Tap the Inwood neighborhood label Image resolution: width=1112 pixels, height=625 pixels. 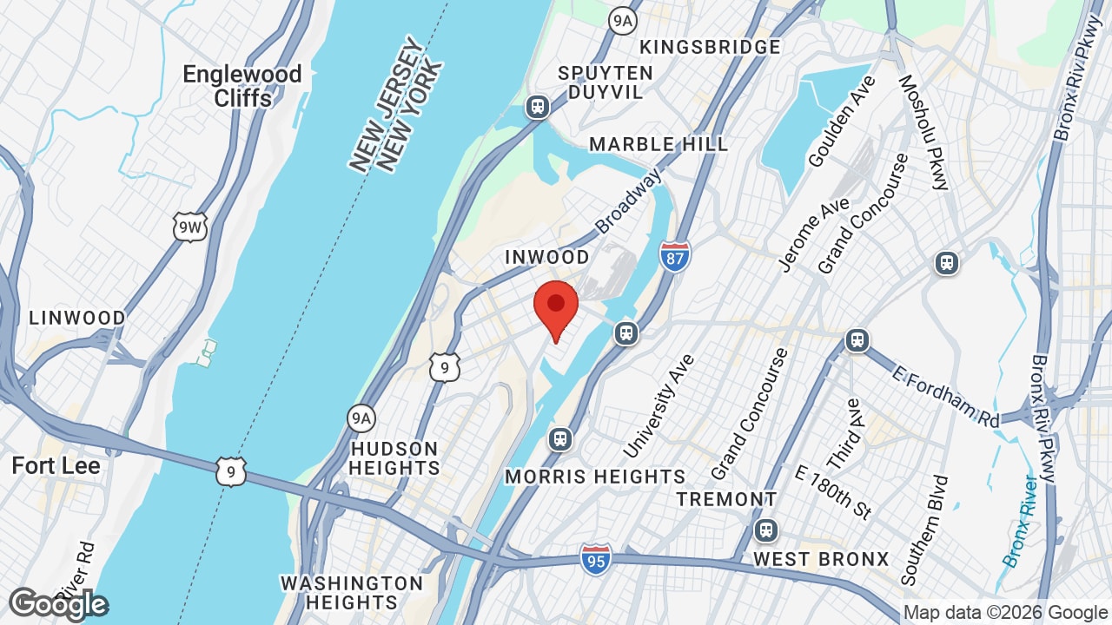(x=547, y=257)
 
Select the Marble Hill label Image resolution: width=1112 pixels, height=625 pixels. (x=659, y=144)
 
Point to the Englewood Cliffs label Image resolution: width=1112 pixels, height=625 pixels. (x=242, y=86)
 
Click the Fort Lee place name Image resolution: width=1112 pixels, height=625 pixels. (x=56, y=466)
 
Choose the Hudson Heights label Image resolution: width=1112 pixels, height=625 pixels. (x=395, y=458)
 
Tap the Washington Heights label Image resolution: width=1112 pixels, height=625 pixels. (x=352, y=592)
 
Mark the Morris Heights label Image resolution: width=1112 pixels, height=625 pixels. (x=595, y=477)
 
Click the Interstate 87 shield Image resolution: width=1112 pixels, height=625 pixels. (x=675, y=256)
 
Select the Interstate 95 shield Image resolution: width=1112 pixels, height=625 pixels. (x=595, y=558)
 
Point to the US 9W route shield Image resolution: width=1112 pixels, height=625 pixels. (x=189, y=227)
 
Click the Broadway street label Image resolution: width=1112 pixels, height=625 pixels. (x=628, y=201)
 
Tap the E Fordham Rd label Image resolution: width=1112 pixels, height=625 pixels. (x=946, y=396)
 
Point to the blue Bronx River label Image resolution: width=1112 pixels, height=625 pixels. (x=1019, y=521)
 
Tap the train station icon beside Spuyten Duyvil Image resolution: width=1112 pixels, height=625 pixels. (x=538, y=107)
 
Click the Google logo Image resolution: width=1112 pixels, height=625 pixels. (x=58, y=604)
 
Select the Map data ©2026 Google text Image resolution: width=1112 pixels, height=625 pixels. (x=1005, y=613)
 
